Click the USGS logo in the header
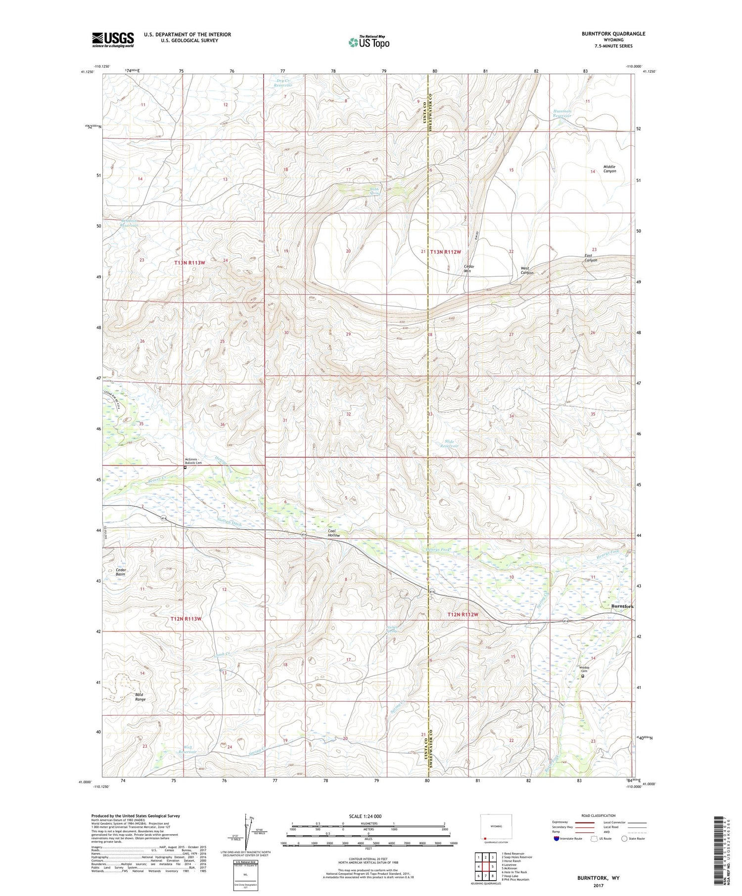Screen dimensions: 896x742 (113, 40)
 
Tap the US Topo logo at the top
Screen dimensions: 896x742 (369, 43)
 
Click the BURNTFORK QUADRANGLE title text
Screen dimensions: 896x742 (613, 34)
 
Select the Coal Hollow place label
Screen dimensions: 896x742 (334, 533)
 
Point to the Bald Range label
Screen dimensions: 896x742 (140, 697)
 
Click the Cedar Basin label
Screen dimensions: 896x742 (120, 572)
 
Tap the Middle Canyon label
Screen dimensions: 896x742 (609, 169)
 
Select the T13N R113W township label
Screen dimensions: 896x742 (189, 262)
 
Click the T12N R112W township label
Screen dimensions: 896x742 (463, 614)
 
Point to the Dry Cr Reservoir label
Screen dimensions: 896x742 (283, 83)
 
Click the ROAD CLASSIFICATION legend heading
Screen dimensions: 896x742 (598, 815)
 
